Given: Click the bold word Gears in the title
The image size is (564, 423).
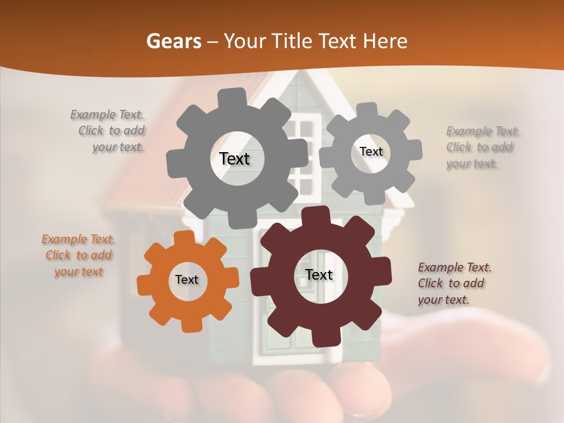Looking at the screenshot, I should pos(173,42).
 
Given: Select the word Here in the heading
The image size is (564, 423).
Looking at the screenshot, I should pos(386,42).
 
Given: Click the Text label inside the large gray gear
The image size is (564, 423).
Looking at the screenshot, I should pos(234,159).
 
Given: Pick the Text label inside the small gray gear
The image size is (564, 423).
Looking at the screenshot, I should pos(371,152).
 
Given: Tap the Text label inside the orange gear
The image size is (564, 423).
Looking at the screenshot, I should pos(187,280).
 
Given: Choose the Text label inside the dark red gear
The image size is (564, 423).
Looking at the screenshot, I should pos(319,274).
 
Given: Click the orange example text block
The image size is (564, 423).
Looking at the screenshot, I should pos(79,256).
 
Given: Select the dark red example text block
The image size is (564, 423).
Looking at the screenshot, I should pos(454,283).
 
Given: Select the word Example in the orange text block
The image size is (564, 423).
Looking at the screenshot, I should pos(64,240).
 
